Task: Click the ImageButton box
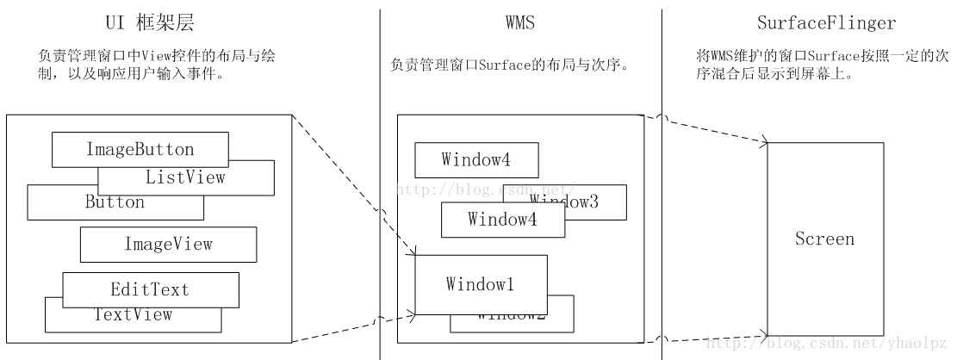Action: [x=140, y=149]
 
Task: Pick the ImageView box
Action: [x=168, y=244]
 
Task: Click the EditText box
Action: [x=150, y=289]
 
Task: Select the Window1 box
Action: [x=481, y=284]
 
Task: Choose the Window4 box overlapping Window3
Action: [x=502, y=220]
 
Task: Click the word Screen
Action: [x=824, y=239]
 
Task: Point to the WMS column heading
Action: [x=520, y=23]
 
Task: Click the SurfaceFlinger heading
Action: [x=808, y=23]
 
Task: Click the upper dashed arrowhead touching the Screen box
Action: [x=763, y=141]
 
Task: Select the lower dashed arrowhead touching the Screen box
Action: [x=763, y=333]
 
